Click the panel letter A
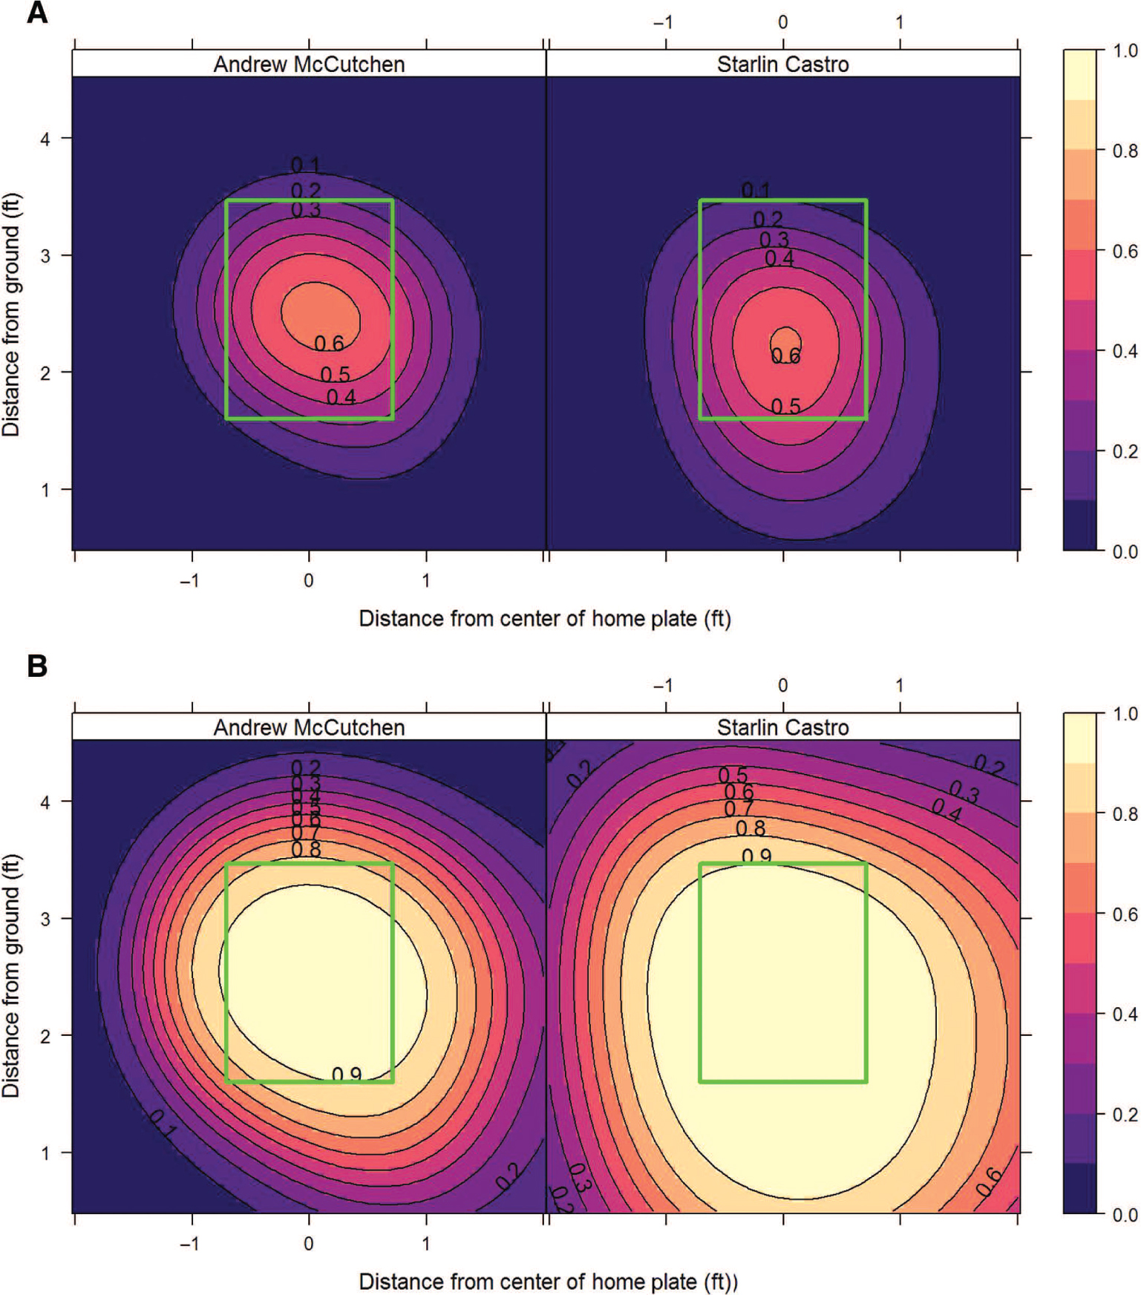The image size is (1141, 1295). coord(37,13)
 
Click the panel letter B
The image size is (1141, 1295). coord(37,666)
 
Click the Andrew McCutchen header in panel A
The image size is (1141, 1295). coord(309,65)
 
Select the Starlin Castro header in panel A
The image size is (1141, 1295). coord(782,65)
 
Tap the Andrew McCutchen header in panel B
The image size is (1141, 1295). coord(309,727)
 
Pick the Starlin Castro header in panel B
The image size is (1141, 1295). coord(782,727)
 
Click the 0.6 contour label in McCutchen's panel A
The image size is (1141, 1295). coord(329,344)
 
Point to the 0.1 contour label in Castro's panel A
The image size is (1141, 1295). coord(756,191)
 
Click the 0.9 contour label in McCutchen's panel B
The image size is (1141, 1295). coord(347,1075)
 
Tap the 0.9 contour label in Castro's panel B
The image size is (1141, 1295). coord(756,856)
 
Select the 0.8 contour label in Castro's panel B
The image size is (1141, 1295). coord(750,828)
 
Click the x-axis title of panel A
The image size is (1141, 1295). coord(545,619)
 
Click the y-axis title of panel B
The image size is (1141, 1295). coord(11,975)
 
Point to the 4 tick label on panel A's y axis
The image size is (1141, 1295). coord(45,139)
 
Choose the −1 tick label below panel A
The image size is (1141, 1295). coord(190,580)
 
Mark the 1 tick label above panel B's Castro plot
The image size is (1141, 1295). coord(899,686)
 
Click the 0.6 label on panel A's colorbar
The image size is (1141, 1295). coord(1125,252)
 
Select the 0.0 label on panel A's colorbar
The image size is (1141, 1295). coord(1125,551)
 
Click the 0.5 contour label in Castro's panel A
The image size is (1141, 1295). coord(785,407)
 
